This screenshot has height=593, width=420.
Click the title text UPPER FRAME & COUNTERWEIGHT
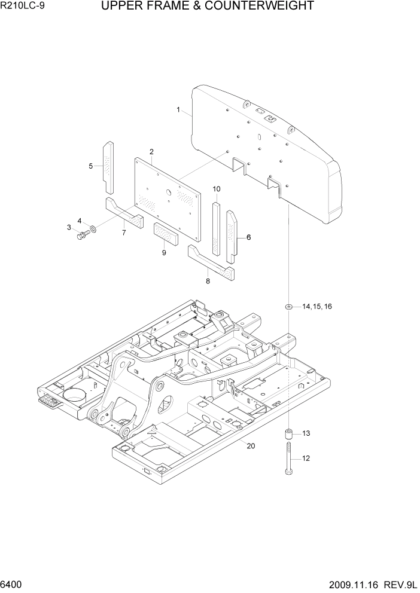point(207,7)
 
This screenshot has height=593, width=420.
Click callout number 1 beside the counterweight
point(178,110)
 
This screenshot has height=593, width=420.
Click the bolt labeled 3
point(82,235)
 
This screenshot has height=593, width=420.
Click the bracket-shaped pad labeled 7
point(124,212)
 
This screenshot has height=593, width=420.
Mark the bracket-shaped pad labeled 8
point(211,261)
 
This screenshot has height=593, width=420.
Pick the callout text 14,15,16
point(316,307)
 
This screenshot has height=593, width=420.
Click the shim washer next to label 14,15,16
point(289,307)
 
